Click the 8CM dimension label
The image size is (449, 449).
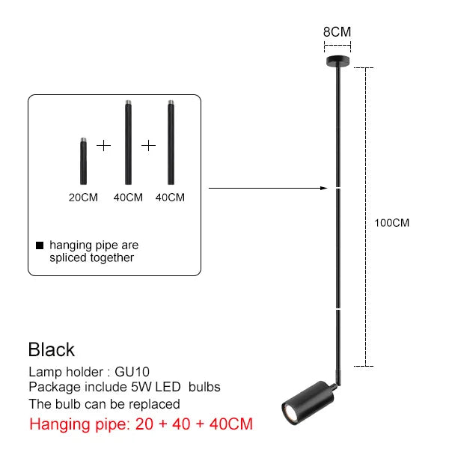click(337, 31)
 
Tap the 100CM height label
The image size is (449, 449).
click(391, 223)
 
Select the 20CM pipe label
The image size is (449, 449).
click(83, 198)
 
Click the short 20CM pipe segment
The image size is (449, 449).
click(83, 161)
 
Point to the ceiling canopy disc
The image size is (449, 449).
click(338, 61)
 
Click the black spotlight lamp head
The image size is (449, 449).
click(308, 403)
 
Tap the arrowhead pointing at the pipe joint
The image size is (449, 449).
click(324, 188)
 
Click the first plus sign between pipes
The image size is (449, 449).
click(104, 146)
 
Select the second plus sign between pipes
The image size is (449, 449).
click(148, 146)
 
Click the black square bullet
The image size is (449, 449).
click(40, 245)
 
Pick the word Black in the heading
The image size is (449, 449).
click(52, 349)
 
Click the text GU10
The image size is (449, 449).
click(132, 372)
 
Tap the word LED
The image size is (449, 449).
click(168, 387)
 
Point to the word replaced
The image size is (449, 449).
click(154, 404)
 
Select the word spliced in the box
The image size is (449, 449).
click(67, 258)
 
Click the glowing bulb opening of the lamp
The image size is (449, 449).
click(289, 412)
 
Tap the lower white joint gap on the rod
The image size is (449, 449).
click(338, 309)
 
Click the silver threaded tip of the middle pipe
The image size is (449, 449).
click(128, 103)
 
